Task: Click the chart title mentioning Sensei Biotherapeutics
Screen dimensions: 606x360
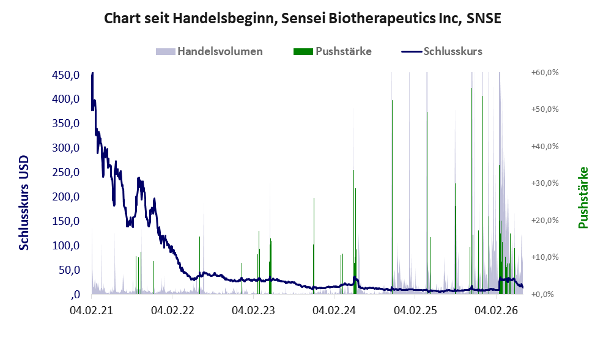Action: [x=303, y=18]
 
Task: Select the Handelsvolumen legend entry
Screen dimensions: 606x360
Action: [x=209, y=51]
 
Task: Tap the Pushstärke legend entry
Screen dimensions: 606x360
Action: [x=333, y=51]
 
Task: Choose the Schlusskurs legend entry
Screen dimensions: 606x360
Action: [x=442, y=51]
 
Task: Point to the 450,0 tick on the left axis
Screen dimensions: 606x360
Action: [x=65, y=75]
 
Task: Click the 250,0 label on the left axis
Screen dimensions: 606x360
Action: [x=65, y=172]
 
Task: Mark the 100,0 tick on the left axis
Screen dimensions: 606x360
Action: [x=65, y=246]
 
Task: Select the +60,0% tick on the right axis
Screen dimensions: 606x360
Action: [x=545, y=72]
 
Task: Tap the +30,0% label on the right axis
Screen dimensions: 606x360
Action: [x=545, y=183]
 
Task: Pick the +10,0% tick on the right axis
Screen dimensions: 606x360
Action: [x=545, y=257]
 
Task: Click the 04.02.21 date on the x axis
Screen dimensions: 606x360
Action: [x=91, y=310]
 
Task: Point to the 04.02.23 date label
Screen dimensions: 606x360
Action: [x=253, y=310]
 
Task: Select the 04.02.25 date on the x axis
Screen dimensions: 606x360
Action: [x=415, y=310]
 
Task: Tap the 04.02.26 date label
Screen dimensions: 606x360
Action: [x=496, y=310]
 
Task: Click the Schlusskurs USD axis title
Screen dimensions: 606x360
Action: [x=24, y=202]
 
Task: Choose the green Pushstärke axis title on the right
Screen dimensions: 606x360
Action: [x=583, y=197]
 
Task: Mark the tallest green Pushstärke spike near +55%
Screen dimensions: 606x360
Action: [x=471, y=191]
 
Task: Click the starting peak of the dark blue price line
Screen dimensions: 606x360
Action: [x=92, y=73]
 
